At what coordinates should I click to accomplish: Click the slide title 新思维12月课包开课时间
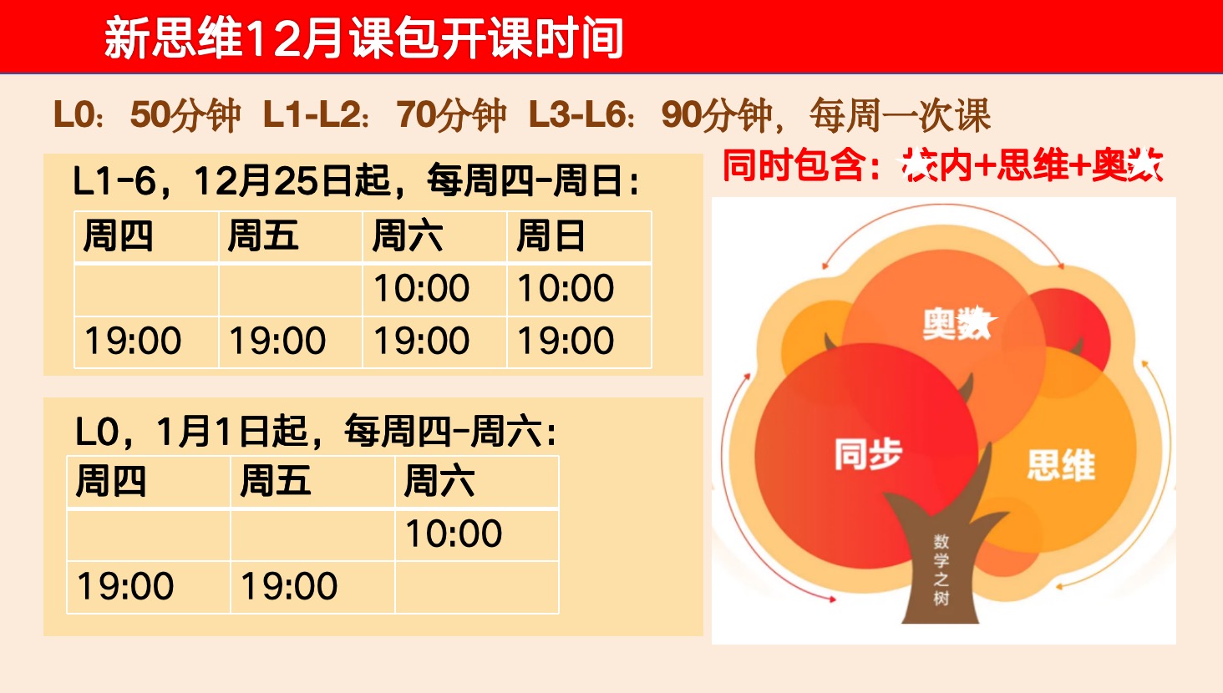pyautogui.click(x=363, y=38)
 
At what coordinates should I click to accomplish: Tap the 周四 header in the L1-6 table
pyautogui.click(x=119, y=236)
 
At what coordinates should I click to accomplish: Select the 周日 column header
pyautogui.click(x=551, y=236)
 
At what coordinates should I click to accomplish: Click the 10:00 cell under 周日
pyautogui.click(x=566, y=289)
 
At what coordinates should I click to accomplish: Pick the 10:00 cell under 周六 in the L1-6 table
pyautogui.click(x=421, y=289)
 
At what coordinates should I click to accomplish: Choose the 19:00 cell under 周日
pyautogui.click(x=566, y=341)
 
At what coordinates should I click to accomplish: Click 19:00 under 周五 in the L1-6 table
pyautogui.click(x=277, y=341)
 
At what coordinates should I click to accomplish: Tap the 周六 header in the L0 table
pyautogui.click(x=439, y=482)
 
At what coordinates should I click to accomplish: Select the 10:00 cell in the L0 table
pyautogui.click(x=454, y=534)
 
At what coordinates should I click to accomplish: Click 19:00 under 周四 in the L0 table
pyautogui.click(x=125, y=586)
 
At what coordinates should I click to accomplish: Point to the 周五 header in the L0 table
pyautogui.click(x=276, y=482)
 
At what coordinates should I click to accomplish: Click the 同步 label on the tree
pyautogui.click(x=868, y=455)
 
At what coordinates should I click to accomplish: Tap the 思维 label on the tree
pyautogui.click(x=1061, y=465)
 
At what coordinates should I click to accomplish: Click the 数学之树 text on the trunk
pyautogui.click(x=941, y=569)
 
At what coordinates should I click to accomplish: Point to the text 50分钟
pyautogui.click(x=185, y=115)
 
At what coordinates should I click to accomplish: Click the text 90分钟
pyautogui.click(x=717, y=115)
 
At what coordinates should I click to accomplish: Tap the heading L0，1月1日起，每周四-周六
pyautogui.click(x=316, y=432)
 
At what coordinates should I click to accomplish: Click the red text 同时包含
pyautogui.click(x=800, y=165)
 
